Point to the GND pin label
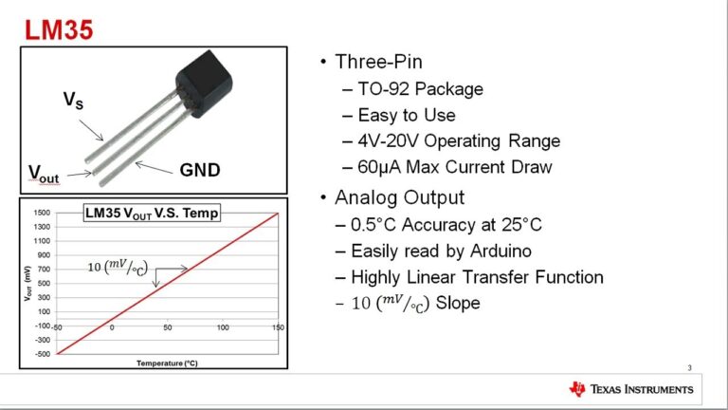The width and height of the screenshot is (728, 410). coord(200,171)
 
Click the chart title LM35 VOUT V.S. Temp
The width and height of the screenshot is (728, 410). coord(152,214)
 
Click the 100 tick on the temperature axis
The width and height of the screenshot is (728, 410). coord(223,327)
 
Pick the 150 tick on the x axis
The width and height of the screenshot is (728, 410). coord(277,327)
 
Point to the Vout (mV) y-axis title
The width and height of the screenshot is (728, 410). coord(27,282)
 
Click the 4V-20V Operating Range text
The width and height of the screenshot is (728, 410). coord(459,141)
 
